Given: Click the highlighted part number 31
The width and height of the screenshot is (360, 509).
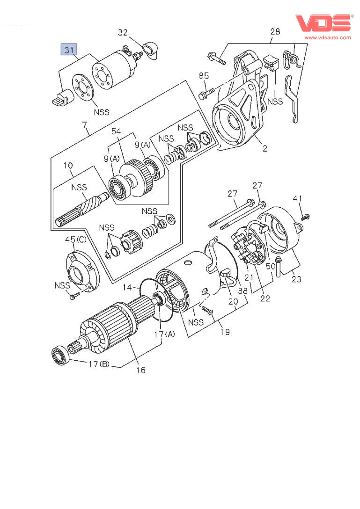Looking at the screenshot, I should [69, 49].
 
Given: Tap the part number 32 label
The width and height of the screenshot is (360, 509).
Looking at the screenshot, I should [122, 32].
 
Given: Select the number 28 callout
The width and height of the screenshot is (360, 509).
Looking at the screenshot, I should [275, 32].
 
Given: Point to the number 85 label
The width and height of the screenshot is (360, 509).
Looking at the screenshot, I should [204, 75].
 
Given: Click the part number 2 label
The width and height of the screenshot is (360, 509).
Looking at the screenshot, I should [264, 149].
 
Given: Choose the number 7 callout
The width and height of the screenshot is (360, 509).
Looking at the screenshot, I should [85, 125].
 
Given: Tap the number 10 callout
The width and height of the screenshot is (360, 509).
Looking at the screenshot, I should [68, 166].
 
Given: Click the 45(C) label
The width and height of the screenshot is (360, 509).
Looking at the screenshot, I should [76, 240].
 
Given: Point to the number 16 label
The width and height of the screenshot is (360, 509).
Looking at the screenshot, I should [141, 370].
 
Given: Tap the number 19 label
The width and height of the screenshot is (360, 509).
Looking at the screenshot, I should [225, 332].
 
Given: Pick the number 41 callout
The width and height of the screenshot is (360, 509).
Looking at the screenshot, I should [298, 198].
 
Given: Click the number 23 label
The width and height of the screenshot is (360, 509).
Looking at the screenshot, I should [296, 279].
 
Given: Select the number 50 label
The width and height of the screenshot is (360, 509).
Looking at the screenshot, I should [271, 266].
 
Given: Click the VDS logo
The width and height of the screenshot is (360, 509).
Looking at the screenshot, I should [323, 23].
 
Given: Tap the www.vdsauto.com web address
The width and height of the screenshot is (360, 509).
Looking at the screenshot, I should [328, 37].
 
